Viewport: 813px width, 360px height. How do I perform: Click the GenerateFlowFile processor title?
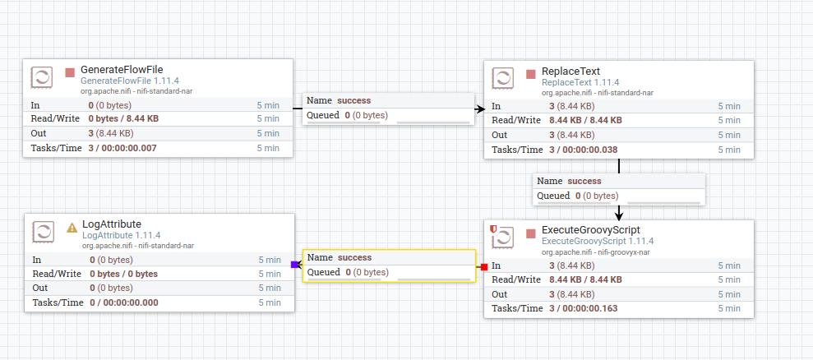(x=122, y=70)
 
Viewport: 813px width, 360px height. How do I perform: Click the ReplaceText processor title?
(x=570, y=72)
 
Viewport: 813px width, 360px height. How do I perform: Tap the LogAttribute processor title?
(x=112, y=224)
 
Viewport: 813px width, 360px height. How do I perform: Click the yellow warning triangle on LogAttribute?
(x=72, y=227)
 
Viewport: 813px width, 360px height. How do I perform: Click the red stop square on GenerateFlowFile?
(x=70, y=72)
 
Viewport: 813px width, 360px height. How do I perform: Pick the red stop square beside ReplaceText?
(x=530, y=74)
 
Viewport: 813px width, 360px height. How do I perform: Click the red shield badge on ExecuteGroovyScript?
(x=493, y=228)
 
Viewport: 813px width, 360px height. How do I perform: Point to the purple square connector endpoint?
(x=294, y=265)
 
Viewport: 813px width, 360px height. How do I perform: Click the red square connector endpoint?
(x=484, y=266)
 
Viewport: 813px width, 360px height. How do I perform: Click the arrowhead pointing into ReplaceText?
(x=481, y=109)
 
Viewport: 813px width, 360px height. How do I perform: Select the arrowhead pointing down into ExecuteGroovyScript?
(x=619, y=215)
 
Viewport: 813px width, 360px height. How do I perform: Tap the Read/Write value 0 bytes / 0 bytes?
(x=124, y=274)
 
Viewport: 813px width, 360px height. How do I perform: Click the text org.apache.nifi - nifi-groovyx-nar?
(x=596, y=252)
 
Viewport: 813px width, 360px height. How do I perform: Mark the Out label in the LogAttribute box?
(x=39, y=288)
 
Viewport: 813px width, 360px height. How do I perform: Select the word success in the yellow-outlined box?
(x=354, y=257)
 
